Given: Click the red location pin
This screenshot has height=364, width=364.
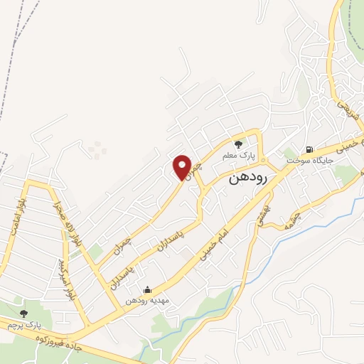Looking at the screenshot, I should click(x=183, y=167).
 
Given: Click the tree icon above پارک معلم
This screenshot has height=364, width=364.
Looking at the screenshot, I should click(x=240, y=142).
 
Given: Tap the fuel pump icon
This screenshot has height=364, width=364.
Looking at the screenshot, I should click(x=309, y=149).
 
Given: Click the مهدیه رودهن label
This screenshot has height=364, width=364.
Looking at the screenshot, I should click(x=146, y=301).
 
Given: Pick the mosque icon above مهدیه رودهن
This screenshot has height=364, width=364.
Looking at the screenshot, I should click(x=147, y=289).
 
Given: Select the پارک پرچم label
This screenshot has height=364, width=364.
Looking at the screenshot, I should click(x=21, y=324).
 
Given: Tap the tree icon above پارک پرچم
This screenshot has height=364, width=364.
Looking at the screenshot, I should click(x=23, y=313).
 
